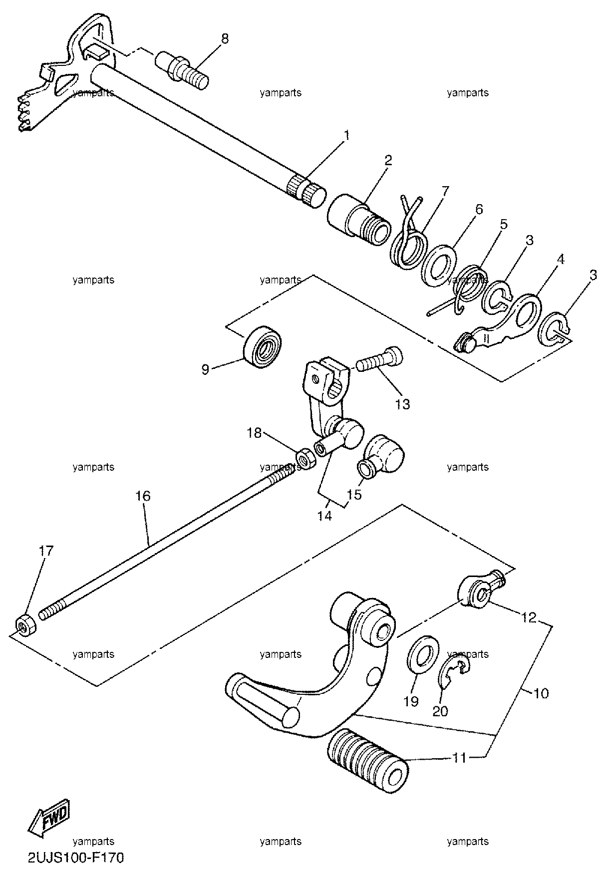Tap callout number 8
[x=225, y=39]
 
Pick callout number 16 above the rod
[x=142, y=496]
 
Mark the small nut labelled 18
[x=305, y=458]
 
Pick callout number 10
[x=541, y=693]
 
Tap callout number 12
[x=529, y=618]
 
